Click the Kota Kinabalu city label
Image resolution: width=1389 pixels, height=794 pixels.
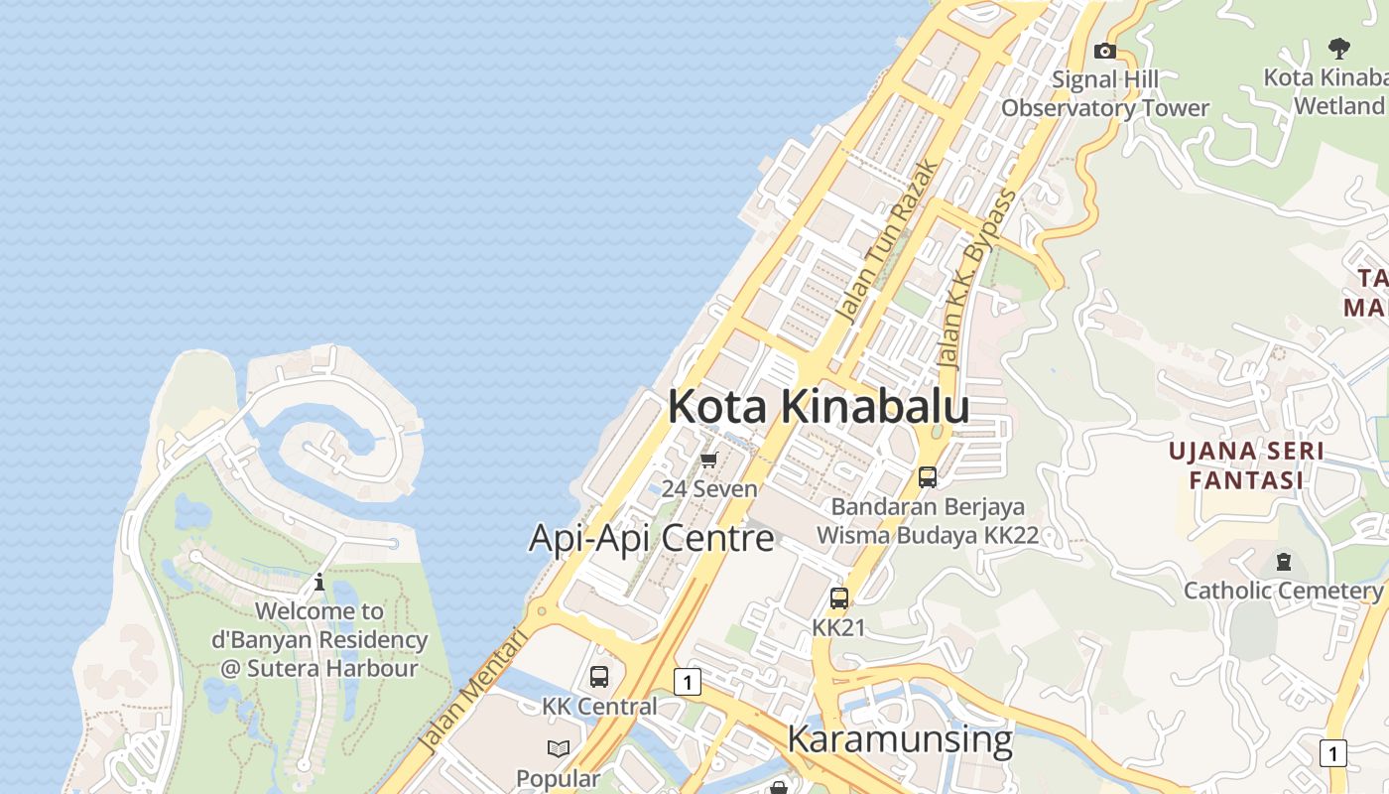point(818,407)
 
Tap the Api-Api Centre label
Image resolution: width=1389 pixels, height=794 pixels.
point(651,538)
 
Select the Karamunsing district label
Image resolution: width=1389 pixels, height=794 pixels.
point(899,739)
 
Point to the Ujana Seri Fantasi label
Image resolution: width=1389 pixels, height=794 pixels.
point(1246,465)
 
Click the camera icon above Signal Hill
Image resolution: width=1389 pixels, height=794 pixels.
point(1104,52)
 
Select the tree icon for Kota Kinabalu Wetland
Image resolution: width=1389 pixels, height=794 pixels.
point(1338,48)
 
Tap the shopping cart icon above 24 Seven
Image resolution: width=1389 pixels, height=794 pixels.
point(708,460)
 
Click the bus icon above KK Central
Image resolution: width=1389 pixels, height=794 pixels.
point(598,677)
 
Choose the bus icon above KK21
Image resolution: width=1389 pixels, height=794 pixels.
point(838,598)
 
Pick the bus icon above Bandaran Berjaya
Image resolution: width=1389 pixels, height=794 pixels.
point(927,476)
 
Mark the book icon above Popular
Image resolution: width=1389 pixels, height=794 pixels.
point(559,748)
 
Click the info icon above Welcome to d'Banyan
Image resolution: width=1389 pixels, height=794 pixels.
point(319,583)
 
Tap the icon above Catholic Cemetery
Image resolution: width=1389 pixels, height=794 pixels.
point(1284,562)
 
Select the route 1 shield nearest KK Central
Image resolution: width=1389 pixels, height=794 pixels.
point(687,682)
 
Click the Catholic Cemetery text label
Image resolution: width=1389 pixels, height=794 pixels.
point(1283,591)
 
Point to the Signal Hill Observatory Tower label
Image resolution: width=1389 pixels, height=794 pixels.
point(1105,93)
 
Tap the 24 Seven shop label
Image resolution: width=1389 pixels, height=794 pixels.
point(708,488)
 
